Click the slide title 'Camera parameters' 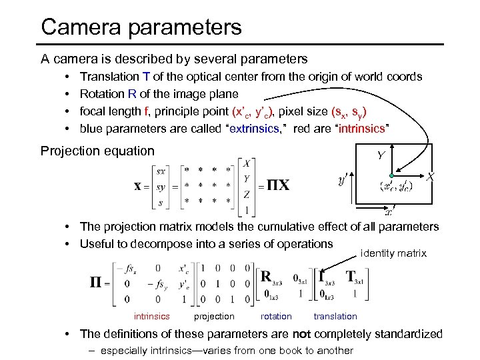[141, 27]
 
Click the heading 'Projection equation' [97, 151]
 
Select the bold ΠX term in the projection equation [278, 185]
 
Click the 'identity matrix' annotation [393, 253]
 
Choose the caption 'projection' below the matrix [214, 317]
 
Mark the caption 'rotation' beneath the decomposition [276, 317]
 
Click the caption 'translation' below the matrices [335, 317]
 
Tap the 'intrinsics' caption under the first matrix [152, 317]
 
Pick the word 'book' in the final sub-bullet [288, 351]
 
